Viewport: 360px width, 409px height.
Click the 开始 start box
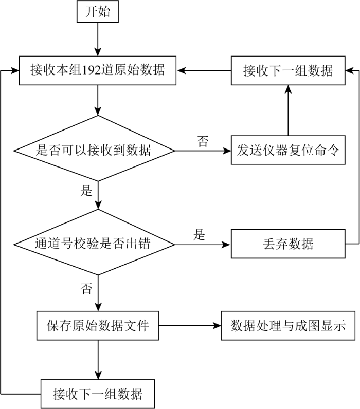click(98, 11)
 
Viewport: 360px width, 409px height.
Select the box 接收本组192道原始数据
click(98, 70)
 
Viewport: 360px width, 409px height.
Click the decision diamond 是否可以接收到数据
click(94, 148)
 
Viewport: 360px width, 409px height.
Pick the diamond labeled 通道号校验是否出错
click(94, 242)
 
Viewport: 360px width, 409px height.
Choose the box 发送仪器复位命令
click(288, 150)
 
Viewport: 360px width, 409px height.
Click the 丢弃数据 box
click(288, 244)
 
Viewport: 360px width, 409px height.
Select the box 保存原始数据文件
click(98, 326)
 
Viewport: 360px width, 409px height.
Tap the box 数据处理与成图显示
click(288, 326)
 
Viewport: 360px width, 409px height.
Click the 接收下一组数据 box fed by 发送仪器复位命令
click(288, 70)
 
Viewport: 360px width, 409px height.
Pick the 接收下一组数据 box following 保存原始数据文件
click(98, 394)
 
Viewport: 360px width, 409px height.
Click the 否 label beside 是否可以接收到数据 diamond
click(203, 141)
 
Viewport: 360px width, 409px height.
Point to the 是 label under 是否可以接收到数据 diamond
click(86, 190)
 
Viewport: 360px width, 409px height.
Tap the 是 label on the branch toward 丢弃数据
click(200, 234)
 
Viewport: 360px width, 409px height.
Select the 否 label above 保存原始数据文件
click(86, 288)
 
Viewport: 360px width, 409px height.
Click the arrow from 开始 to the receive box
click(98, 39)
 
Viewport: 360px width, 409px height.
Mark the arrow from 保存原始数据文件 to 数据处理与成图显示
click(190, 326)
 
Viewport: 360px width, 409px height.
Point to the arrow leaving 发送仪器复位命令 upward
click(288, 110)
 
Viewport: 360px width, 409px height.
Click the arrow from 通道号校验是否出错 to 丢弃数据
click(203, 245)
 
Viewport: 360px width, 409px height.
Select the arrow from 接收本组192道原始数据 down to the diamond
click(98, 100)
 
